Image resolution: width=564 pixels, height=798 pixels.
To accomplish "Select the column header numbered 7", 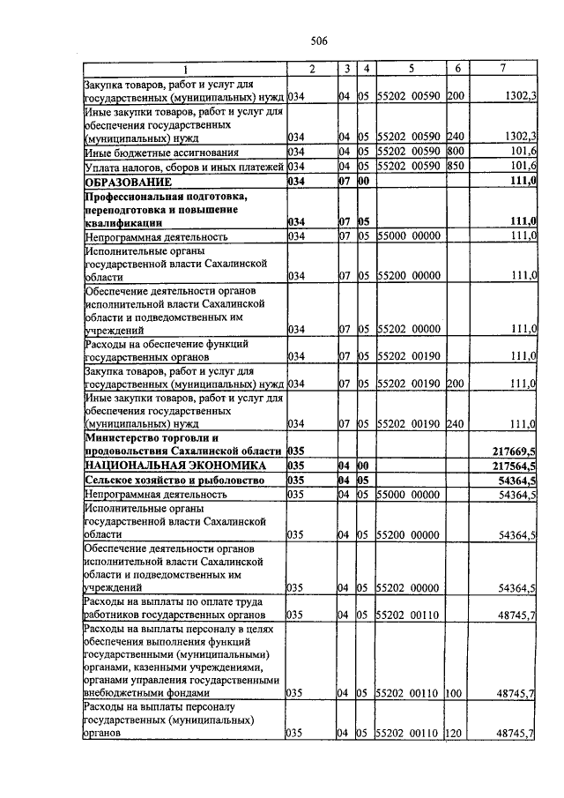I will point(502,69).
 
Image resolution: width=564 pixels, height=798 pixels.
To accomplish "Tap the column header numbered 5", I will point(411,69).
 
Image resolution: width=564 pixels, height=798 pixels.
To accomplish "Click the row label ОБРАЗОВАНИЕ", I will point(128,181).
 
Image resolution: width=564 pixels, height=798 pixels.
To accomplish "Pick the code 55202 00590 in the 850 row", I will point(410,166).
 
